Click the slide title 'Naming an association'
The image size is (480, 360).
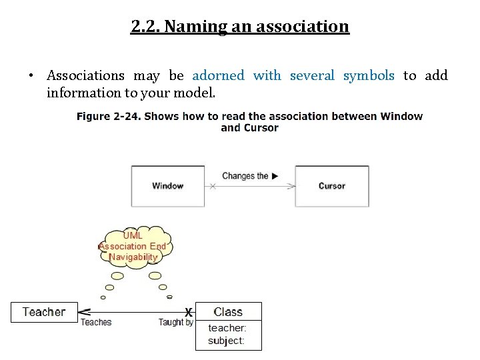[240, 27]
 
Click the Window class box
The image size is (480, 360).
[167, 186]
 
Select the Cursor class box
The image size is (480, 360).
[331, 186]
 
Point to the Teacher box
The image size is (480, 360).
[44, 312]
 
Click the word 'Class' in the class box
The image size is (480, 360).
[228, 312]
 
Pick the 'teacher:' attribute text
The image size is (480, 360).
[227, 328]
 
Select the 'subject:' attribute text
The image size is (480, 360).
[226, 341]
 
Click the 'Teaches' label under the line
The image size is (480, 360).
[96, 323]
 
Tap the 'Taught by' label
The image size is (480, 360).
[175, 323]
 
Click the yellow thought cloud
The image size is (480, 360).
[134, 247]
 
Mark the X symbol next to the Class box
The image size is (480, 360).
[189, 312]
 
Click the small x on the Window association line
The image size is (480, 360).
[213, 187]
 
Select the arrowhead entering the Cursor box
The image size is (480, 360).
[291, 187]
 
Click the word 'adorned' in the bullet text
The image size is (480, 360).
[218, 76]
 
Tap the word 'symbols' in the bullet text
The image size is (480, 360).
[369, 76]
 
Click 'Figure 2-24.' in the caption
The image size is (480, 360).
[109, 116]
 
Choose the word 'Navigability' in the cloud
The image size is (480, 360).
[134, 257]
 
